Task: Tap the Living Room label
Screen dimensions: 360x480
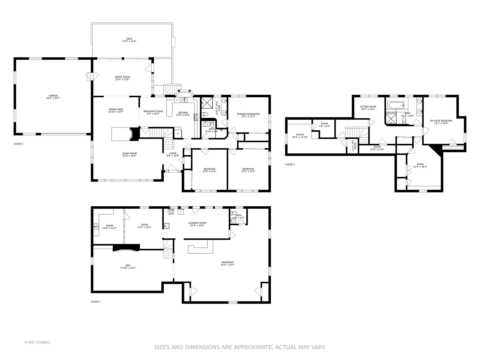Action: click(x=129, y=154)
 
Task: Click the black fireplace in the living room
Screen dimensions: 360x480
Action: click(x=135, y=133)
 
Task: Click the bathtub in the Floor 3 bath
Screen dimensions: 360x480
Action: click(x=395, y=106)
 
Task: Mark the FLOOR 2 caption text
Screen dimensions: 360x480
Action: click(x=18, y=144)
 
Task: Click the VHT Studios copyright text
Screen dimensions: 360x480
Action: click(x=37, y=342)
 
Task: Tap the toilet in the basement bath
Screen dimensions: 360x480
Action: click(x=234, y=214)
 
